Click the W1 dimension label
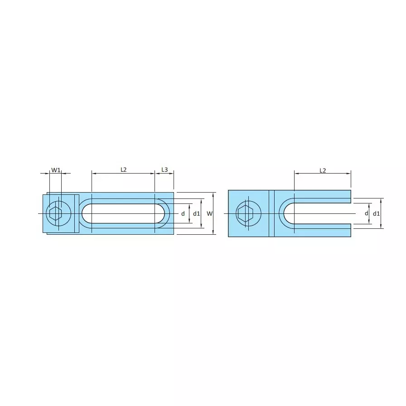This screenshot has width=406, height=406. (55, 170)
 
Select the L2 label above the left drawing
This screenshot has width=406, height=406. (123, 170)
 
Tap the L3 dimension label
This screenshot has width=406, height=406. (164, 170)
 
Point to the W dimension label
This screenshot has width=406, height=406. (209, 213)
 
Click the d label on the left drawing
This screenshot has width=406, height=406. (183, 213)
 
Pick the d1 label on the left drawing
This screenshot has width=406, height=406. (196, 213)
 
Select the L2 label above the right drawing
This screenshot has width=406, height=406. (323, 170)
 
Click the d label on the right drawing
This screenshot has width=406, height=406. (366, 213)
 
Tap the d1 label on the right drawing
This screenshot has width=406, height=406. (376, 213)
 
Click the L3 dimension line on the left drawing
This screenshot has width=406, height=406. (164, 173)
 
